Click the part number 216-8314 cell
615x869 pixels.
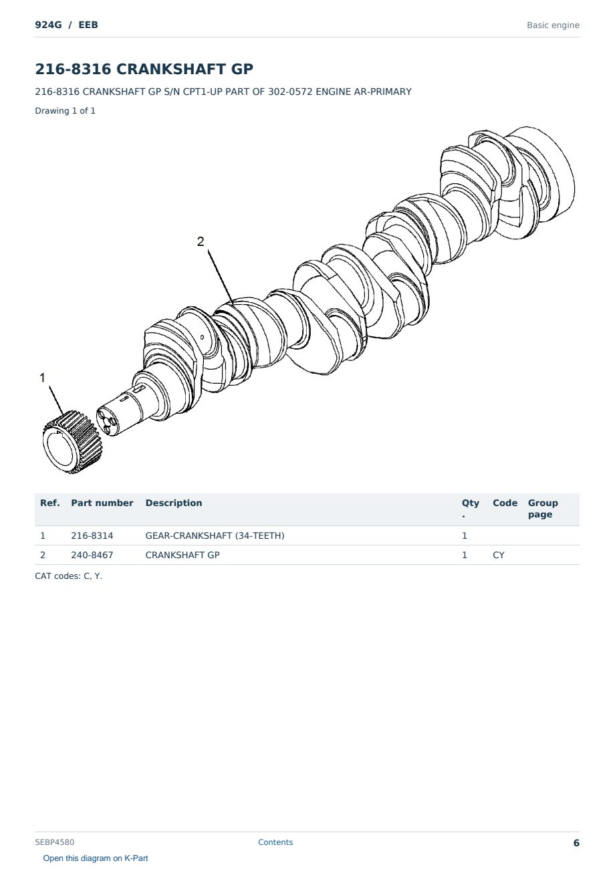point(92,535)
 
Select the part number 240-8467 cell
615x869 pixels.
point(92,555)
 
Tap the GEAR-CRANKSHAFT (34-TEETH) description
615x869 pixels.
point(215,535)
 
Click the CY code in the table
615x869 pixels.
point(499,555)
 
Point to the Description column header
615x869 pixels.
point(174,503)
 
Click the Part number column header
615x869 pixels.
point(102,503)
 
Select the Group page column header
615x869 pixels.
point(543,509)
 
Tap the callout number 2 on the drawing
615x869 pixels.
point(201,242)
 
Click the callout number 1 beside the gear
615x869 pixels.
point(43,378)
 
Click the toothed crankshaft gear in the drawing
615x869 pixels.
point(72,443)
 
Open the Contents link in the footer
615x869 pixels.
point(275,842)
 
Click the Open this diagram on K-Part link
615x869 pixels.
point(96,858)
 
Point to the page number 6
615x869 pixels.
point(576,843)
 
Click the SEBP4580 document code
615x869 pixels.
point(55,842)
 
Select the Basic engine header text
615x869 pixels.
point(553,25)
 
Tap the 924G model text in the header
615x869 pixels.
point(49,25)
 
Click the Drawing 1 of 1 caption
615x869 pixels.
point(66,111)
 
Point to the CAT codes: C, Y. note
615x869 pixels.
point(69,576)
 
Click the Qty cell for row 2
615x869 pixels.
point(465,555)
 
